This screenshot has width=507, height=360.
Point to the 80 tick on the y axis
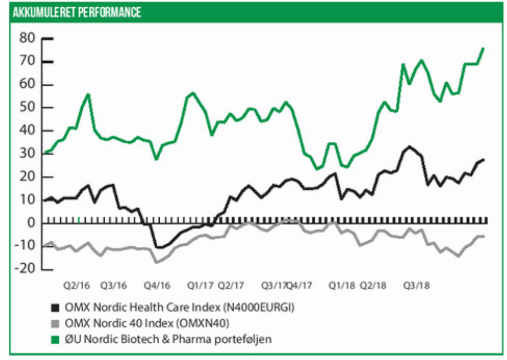(27, 39)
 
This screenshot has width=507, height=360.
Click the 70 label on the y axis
(27, 62)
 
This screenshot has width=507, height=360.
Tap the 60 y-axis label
(27, 85)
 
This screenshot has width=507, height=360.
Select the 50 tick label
(27, 108)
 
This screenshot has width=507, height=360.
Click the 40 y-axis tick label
(27, 131)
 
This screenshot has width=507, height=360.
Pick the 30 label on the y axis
(27, 154)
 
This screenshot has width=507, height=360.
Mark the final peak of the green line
(483, 48)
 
